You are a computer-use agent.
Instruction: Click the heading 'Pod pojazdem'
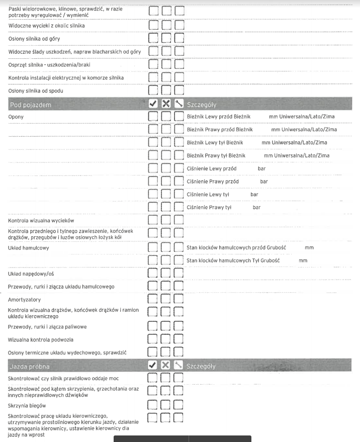30,105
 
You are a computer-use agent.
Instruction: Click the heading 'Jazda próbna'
29,367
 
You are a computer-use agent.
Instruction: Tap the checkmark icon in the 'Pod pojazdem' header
153,105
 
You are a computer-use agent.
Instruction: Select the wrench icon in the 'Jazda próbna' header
178,366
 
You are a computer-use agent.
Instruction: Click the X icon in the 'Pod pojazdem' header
166,105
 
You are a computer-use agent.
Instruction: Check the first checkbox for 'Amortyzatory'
153,300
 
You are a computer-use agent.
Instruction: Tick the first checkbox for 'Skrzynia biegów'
153,405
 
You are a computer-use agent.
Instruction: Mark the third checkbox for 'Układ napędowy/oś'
178,274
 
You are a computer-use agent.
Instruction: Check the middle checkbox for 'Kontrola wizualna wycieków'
166,221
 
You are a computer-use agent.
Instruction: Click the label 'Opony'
16,117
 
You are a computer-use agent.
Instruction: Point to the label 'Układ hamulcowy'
29,248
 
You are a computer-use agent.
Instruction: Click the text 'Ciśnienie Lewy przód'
211,168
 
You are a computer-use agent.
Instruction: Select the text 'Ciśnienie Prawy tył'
209,207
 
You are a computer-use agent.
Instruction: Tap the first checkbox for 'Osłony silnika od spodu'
153,91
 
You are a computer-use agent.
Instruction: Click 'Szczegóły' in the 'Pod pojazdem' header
201,105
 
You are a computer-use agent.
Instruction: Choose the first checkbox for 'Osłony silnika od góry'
153,38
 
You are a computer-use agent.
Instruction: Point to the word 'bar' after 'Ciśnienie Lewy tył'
254,194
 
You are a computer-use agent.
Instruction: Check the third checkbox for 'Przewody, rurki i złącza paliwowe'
178,327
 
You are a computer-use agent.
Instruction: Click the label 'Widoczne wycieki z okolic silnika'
47,25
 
